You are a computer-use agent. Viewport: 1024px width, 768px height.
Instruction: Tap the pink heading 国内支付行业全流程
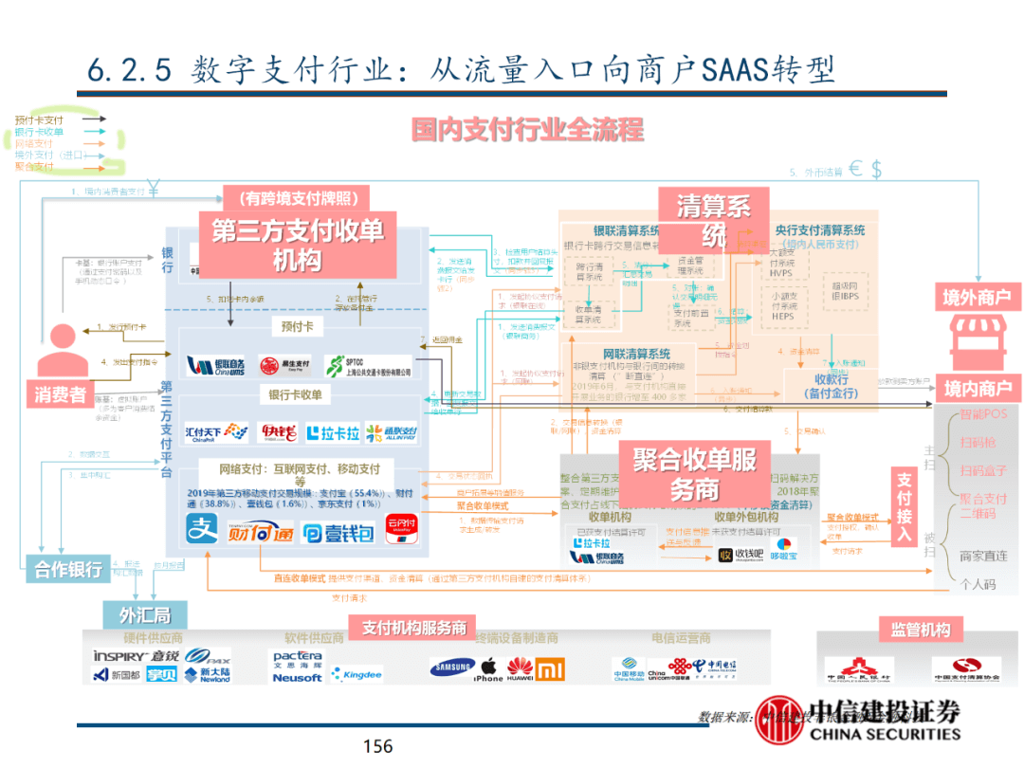[527, 129]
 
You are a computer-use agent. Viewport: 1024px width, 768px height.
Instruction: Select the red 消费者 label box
[61, 394]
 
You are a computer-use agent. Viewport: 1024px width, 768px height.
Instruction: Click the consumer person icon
[61, 350]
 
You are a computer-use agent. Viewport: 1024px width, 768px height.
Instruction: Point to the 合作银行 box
[68, 570]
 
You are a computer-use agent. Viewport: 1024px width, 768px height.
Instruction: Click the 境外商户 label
[976, 298]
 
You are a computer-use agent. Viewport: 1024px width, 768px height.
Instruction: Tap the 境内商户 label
[976, 387]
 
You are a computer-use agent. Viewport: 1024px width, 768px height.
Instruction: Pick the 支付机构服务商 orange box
[412, 628]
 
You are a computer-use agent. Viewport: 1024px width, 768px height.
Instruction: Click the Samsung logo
[451, 667]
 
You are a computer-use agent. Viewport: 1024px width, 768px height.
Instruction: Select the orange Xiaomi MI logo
[550, 670]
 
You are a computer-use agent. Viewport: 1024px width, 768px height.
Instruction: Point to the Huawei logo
[520, 669]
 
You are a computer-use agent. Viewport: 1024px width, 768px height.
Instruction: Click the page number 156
[377, 747]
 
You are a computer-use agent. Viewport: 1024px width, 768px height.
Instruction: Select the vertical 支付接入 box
[905, 507]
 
